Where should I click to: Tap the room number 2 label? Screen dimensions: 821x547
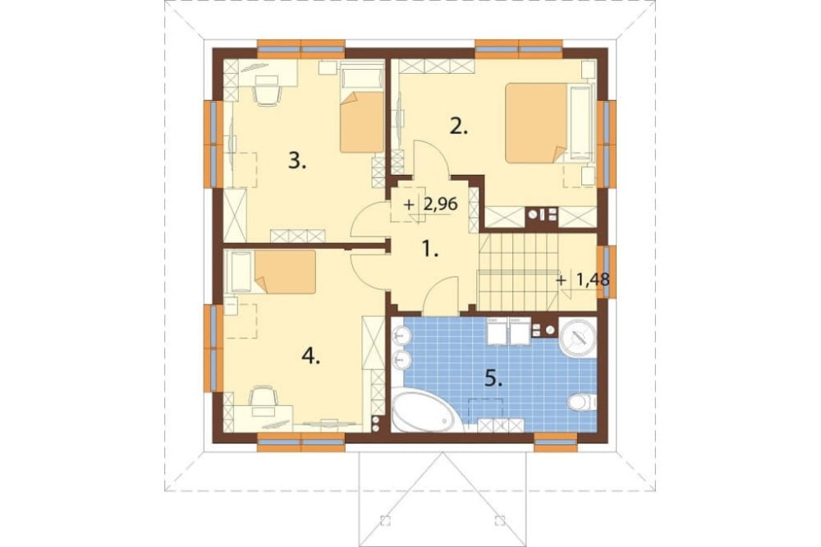point(459,127)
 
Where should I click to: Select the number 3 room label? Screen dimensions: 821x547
point(297,161)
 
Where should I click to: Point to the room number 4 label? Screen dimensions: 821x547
point(310,357)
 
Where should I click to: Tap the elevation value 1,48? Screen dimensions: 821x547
point(593,279)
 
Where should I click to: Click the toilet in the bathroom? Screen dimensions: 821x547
point(582,402)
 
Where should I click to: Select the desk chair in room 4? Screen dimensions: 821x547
point(264,397)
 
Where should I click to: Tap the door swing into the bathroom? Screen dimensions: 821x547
point(440,297)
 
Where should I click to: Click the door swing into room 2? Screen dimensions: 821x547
point(431,158)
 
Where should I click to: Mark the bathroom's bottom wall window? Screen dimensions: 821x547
point(556,442)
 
